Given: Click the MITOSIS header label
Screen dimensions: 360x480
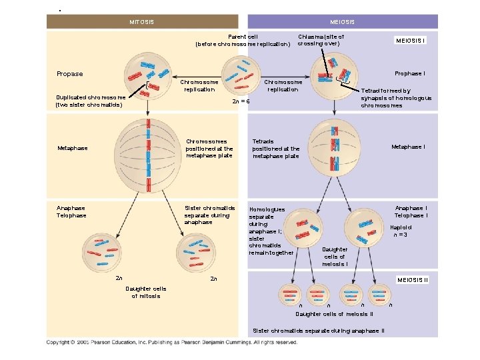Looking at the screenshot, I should click(141, 22).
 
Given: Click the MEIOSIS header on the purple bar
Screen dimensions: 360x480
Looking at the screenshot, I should click(342, 22).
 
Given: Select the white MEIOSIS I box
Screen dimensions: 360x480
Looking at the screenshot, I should click(411, 39).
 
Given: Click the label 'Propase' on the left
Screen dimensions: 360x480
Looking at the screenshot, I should click(70, 74).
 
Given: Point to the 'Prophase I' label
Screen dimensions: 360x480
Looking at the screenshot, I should click(411, 73).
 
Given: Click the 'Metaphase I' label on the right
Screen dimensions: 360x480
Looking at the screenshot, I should click(409, 147).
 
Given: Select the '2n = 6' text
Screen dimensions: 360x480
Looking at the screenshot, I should click(241, 101).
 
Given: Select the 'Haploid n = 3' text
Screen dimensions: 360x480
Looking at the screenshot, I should click(399, 231).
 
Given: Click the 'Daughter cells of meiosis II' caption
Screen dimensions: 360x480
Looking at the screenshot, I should click(334, 313).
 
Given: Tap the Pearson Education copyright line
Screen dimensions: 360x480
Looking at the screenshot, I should click(171, 342).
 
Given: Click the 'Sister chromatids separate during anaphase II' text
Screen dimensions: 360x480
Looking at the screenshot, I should click(319, 331).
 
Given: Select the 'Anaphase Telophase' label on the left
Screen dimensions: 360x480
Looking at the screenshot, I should click(71, 211).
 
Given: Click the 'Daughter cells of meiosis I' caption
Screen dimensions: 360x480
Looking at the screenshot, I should click(334, 257).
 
